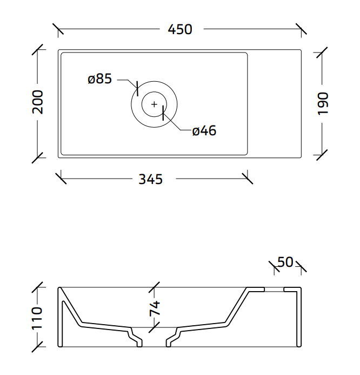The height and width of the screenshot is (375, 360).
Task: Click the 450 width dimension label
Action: coord(180,29)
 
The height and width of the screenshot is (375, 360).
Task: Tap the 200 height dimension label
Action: coord(38,102)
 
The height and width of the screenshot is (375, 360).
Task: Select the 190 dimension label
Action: coord(323,103)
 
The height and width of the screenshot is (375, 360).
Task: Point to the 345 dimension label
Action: coord(151,179)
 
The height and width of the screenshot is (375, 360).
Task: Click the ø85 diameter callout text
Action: coord(99,78)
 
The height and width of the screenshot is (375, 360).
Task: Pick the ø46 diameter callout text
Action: coord(204,131)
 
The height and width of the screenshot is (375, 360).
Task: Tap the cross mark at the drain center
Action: coord(154,104)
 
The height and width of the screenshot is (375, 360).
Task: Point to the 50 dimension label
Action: coord(285,262)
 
